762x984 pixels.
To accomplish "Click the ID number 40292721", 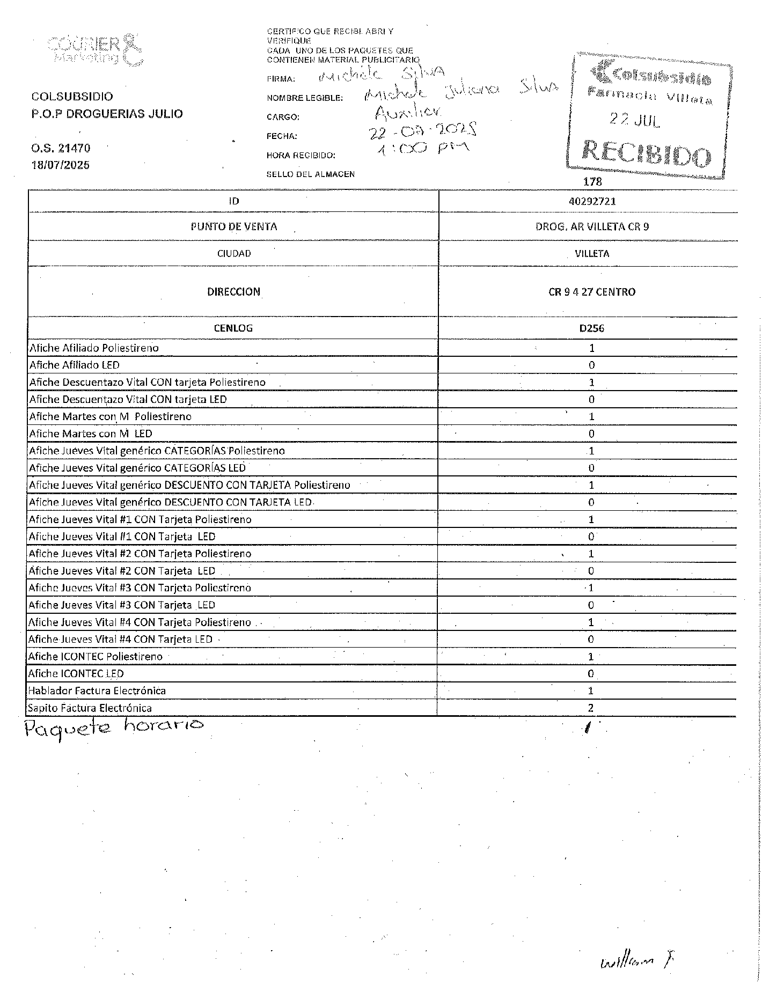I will pyautogui.click(x=592, y=201).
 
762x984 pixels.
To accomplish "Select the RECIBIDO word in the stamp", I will pyautogui.click(x=647, y=155).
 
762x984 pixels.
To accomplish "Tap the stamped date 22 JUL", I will pyautogui.click(x=634, y=120).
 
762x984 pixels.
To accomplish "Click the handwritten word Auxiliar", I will pyautogui.click(x=408, y=112).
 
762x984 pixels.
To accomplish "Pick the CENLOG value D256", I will pyautogui.click(x=591, y=328).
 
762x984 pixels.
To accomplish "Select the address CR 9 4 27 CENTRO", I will pyautogui.click(x=591, y=292).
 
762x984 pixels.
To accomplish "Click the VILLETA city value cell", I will pyautogui.click(x=591, y=253).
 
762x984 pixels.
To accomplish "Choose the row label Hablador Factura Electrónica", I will pyautogui.click(x=97, y=691).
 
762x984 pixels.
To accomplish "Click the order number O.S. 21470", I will pyautogui.click(x=61, y=148).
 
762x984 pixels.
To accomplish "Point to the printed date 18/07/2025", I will pyautogui.click(x=61, y=165).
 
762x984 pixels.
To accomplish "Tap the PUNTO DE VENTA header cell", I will pyautogui.click(x=233, y=226).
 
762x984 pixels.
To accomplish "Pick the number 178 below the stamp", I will pyautogui.click(x=592, y=182).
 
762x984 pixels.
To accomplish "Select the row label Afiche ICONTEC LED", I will pyautogui.click(x=76, y=673).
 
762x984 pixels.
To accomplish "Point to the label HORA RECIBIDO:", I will pyautogui.click(x=301, y=156).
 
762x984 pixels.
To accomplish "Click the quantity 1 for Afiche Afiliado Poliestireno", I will pyautogui.click(x=591, y=348).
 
